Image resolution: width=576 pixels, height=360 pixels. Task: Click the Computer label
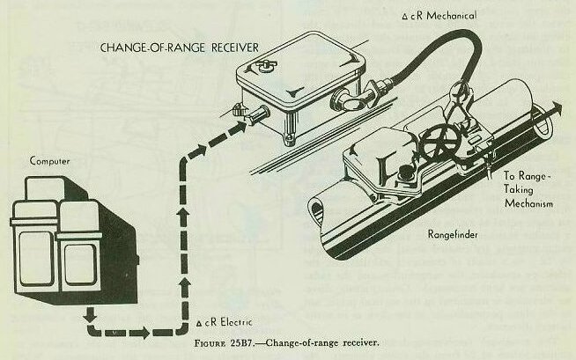click(49, 161)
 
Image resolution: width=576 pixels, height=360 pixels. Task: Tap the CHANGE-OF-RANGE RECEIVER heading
click(180, 48)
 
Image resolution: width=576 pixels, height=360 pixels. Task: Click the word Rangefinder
click(453, 234)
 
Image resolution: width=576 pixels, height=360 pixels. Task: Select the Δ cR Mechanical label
click(439, 16)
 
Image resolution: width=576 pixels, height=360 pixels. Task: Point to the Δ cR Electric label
click(224, 322)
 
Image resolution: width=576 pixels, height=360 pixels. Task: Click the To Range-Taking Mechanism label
click(528, 190)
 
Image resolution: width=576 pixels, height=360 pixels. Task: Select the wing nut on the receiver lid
click(266, 66)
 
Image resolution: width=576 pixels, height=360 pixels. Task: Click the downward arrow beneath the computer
click(90, 315)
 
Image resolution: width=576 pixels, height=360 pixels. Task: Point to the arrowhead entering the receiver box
click(239, 126)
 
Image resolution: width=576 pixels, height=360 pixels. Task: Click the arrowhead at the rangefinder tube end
click(556, 108)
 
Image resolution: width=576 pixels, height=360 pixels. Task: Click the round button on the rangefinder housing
click(405, 172)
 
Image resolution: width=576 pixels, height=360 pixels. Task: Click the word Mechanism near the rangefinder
click(528, 203)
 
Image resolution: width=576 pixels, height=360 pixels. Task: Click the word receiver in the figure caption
click(359, 343)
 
